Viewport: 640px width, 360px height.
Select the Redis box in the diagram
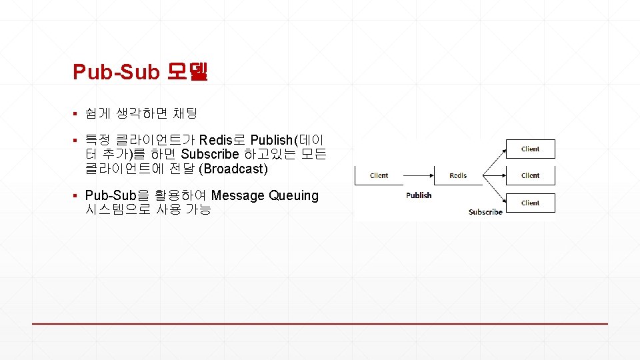[458, 175]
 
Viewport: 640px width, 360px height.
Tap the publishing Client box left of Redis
[379, 175]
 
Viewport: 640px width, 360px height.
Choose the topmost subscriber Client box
[530, 149]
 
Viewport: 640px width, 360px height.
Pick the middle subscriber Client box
[530, 175]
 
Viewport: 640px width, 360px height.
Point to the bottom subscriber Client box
[530, 203]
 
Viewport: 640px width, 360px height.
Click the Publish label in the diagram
[419, 195]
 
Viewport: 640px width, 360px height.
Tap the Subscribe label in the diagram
[485, 212]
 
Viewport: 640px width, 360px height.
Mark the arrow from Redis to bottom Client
[494, 189]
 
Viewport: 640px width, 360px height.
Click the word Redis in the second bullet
[215, 140]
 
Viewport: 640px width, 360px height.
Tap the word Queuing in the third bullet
[293, 196]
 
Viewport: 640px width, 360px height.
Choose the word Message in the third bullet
[237, 196]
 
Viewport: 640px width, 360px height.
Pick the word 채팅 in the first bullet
[183, 114]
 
